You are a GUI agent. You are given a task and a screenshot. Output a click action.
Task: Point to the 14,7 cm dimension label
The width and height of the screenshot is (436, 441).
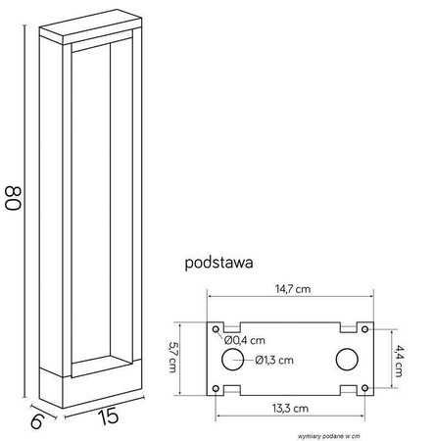coord(292,289)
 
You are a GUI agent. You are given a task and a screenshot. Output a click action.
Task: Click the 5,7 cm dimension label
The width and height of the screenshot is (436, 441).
coord(171,357)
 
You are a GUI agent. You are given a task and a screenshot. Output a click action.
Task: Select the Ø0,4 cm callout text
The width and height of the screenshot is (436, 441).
coord(245,340)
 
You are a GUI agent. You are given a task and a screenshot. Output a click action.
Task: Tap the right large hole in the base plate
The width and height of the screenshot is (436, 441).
coord(348,359)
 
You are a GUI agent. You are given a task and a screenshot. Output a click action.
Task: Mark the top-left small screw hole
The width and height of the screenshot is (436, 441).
coord(215,329)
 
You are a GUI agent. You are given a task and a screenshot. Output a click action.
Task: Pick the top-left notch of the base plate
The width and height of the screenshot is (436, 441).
coord(232,325)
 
